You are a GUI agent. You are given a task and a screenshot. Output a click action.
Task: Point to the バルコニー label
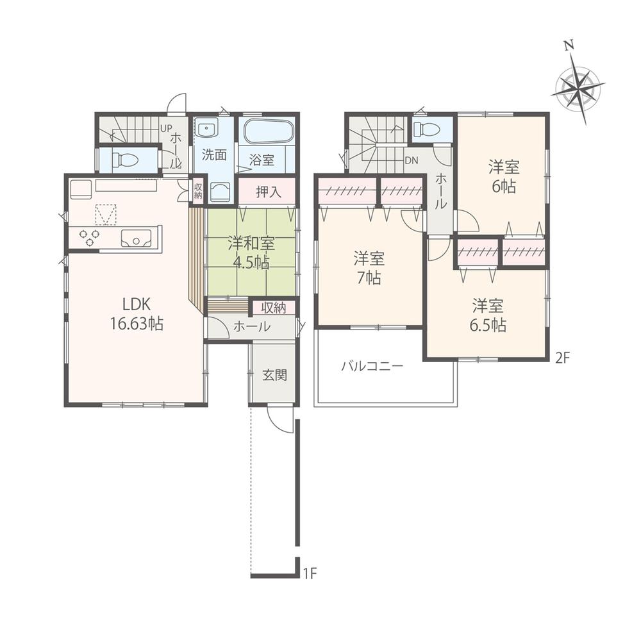click(x=372, y=367)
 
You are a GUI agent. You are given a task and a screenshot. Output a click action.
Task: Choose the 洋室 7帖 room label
click(x=370, y=269)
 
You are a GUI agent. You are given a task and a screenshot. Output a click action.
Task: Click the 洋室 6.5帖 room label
click(x=490, y=314)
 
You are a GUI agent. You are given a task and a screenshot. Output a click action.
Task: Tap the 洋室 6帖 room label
click(x=503, y=177)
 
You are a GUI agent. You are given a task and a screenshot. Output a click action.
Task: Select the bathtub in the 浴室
click(x=267, y=133)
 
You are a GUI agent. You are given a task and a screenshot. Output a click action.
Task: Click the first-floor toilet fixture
click(x=122, y=160)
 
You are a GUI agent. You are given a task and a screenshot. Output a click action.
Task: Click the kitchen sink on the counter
click(x=138, y=239)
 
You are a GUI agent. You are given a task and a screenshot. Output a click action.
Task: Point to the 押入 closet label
click(x=267, y=191)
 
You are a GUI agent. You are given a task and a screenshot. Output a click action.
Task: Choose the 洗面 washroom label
click(x=213, y=154)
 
